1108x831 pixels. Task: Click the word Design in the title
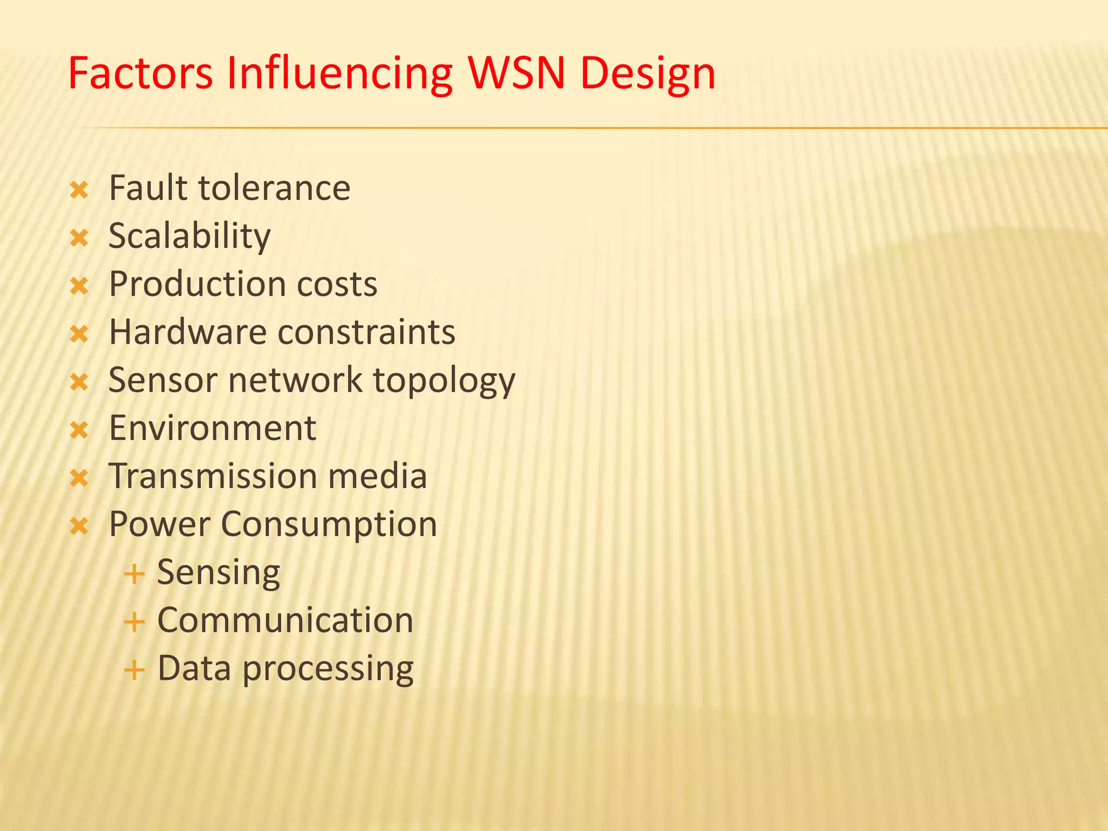pos(648,74)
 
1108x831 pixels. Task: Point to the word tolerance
pos(274,188)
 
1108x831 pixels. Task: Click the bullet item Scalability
pos(189,236)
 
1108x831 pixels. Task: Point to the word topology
pos(444,381)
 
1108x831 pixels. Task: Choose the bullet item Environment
pos(212,428)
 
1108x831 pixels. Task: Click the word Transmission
pos(213,476)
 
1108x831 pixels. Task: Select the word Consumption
pos(329,525)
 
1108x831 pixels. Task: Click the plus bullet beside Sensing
pos(134,574)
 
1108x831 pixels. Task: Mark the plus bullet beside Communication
pos(134,622)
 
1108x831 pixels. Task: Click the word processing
pos(328,670)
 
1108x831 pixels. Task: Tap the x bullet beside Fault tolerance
pos(79,190)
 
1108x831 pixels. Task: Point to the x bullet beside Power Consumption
pos(79,525)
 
